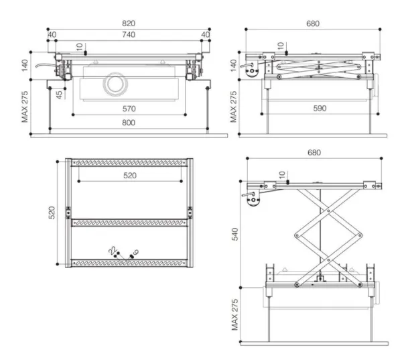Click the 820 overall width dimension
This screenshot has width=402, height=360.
129,23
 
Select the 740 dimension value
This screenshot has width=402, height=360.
129,34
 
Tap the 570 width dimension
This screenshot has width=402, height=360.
129,109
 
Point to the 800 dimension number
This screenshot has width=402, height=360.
129,123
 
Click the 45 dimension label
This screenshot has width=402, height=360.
59,95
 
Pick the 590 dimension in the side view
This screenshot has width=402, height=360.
320,109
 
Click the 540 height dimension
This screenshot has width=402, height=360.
235,234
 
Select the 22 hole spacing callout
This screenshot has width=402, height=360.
113,250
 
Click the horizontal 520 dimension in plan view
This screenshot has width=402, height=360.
130,176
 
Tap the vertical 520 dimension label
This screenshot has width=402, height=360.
52,213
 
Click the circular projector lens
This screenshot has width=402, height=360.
116,84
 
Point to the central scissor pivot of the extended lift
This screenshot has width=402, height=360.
328,235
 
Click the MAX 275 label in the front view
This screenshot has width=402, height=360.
25,107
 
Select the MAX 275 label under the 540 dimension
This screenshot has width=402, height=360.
235,314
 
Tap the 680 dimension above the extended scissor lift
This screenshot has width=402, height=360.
314,153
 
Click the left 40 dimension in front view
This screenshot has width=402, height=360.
52,34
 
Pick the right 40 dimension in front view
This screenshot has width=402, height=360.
206,34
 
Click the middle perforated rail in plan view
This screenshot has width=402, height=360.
129,223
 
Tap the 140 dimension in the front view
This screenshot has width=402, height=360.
25,66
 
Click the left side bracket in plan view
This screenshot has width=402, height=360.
68,213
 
